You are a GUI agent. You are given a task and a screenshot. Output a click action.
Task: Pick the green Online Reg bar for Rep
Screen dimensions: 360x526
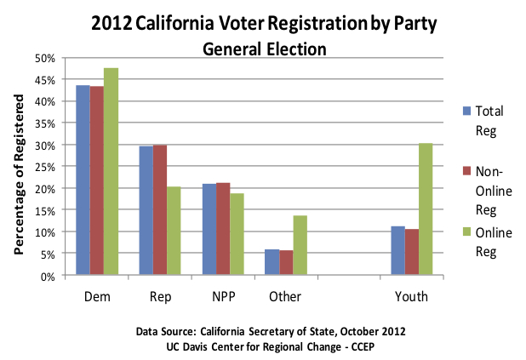174,231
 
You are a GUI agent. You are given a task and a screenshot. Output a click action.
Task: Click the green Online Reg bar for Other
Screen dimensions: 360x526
300,246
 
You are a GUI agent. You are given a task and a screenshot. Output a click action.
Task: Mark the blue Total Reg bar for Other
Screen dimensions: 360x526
272,262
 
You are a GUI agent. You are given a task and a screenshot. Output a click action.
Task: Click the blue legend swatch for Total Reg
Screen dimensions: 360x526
466,110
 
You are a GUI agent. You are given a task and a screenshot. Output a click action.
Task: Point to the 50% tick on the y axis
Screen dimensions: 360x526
46,58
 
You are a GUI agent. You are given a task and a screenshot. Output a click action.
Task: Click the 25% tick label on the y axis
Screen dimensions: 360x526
46,167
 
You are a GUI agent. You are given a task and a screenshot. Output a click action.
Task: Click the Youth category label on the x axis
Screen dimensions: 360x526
411,297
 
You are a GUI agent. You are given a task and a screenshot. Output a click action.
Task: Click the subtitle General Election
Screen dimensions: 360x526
264,49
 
